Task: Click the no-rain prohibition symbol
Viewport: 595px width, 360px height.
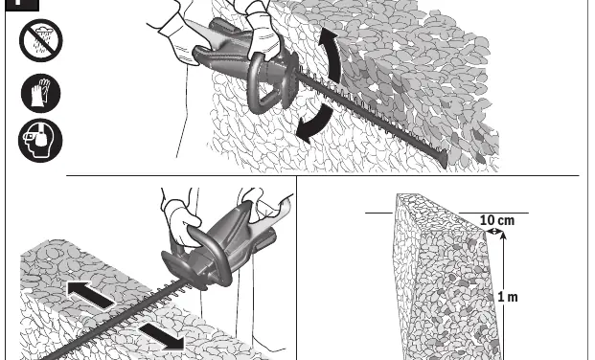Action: (x=41, y=40)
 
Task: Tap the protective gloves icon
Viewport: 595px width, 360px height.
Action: (x=40, y=93)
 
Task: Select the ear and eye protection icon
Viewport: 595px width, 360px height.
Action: (x=40, y=141)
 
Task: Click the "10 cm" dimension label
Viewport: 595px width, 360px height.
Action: (x=497, y=220)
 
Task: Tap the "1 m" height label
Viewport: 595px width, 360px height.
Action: (x=508, y=297)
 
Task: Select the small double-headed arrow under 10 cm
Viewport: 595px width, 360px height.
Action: (x=494, y=231)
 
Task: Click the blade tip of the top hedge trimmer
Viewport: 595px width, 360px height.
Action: (x=444, y=159)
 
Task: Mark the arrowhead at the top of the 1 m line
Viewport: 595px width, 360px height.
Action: (x=503, y=236)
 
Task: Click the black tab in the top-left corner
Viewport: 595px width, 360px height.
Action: (x=22, y=5)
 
